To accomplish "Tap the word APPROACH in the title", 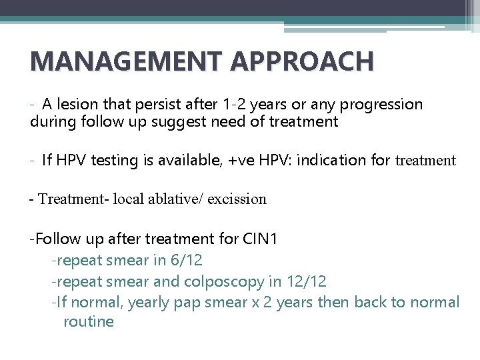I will pos(302,61).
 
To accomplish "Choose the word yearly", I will pos(149,303).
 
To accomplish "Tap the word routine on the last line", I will pos(89,321).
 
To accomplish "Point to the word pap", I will pos(189,303).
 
